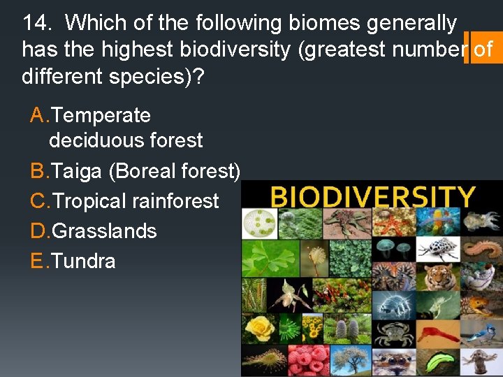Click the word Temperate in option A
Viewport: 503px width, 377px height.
[x=101, y=115]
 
